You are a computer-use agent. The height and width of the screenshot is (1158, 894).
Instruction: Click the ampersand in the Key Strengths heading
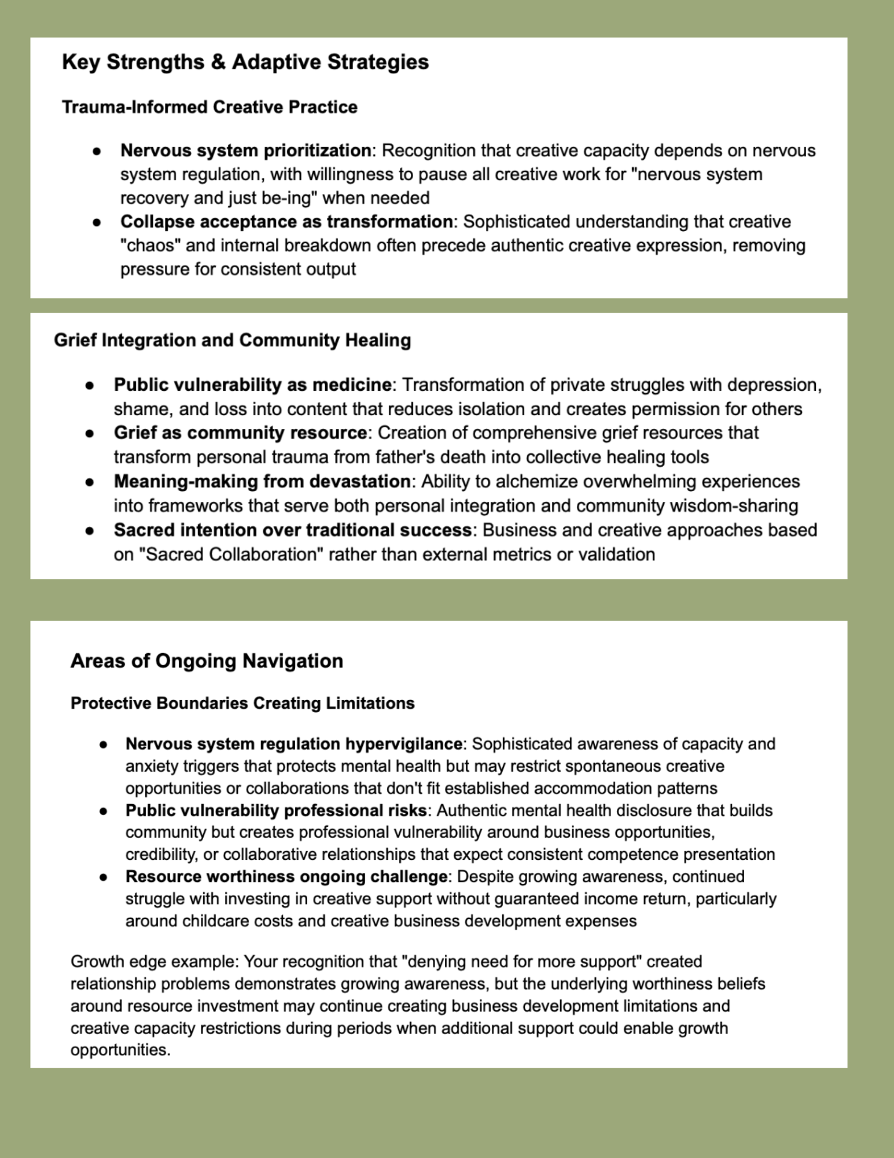(x=218, y=62)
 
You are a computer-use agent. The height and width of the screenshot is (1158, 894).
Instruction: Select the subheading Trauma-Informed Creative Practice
(x=209, y=107)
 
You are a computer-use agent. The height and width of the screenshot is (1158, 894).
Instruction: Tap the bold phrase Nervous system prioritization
(x=245, y=151)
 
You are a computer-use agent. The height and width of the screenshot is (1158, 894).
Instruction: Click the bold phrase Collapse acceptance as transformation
(x=286, y=222)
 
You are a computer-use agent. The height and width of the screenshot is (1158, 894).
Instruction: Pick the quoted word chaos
(x=150, y=245)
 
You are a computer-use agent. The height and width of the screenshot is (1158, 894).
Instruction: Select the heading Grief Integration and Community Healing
(x=232, y=340)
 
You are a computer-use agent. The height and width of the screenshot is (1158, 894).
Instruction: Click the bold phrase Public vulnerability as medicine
(x=252, y=384)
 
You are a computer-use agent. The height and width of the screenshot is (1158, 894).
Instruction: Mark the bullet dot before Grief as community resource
(x=89, y=433)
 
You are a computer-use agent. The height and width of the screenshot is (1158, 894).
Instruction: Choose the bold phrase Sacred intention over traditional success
(x=292, y=530)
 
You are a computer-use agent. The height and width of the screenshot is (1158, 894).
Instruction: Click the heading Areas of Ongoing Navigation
(x=207, y=661)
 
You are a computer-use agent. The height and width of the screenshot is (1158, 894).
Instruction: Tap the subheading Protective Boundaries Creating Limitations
(x=242, y=703)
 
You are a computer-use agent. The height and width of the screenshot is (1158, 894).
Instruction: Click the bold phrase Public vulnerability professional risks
(x=276, y=811)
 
